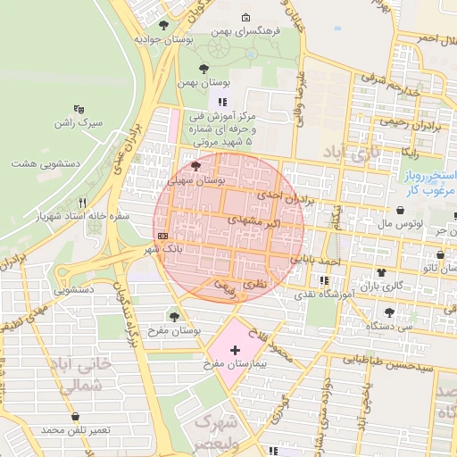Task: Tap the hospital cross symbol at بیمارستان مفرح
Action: pyautogui.click(x=235, y=351)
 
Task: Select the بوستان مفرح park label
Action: pyautogui.click(x=174, y=330)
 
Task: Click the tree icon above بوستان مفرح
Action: pyautogui.click(x=174, y=316)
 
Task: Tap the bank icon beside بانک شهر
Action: pyautogui.click(x=161, y=236)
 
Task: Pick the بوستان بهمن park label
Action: pyautogui.click(x=198, y=82)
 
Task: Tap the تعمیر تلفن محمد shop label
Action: pyautogui.click(x=75, y=430)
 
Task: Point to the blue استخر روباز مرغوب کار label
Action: pyautogui.click(x=431, y=183)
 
